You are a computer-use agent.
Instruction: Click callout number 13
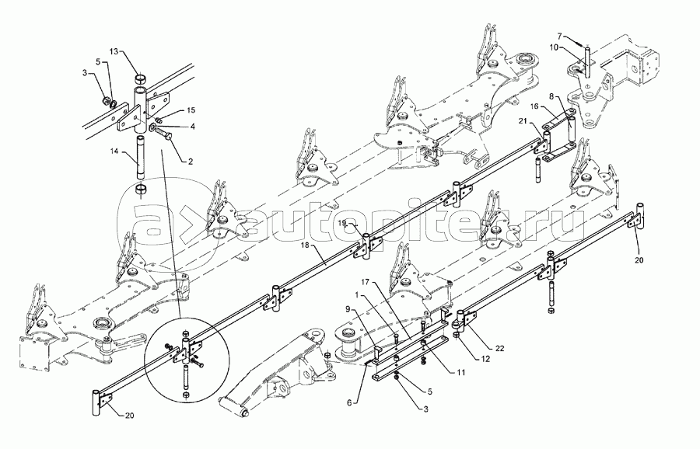(114, 52)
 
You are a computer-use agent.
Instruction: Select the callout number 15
(191, 110)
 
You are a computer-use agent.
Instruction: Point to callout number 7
(560, 35)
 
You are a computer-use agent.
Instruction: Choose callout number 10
(553, 47)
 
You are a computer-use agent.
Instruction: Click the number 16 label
(535, 106)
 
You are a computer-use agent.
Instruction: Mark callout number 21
(523, 121)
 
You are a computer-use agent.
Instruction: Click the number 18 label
(305, 245)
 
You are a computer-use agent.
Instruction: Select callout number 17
(366, 282)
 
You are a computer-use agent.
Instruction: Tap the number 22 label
(499, 348)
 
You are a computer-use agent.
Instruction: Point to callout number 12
(485, 358)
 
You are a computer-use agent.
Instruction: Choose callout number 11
(460, 372)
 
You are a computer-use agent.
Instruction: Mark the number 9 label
(347, 308)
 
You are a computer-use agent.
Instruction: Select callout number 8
(551, 96)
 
